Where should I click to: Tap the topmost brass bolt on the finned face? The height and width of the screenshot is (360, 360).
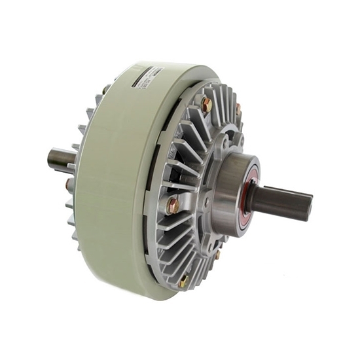click(207, 104)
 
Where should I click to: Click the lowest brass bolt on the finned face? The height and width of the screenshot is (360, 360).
click(184, 281)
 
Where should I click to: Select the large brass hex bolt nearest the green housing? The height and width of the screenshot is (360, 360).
click(173, 206)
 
